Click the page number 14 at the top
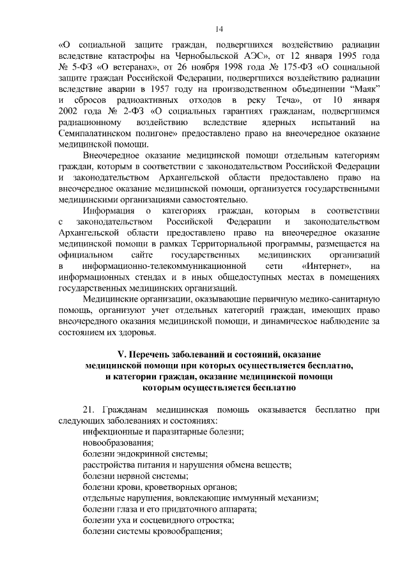click(219, 28)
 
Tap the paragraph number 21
click(89, 409)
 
